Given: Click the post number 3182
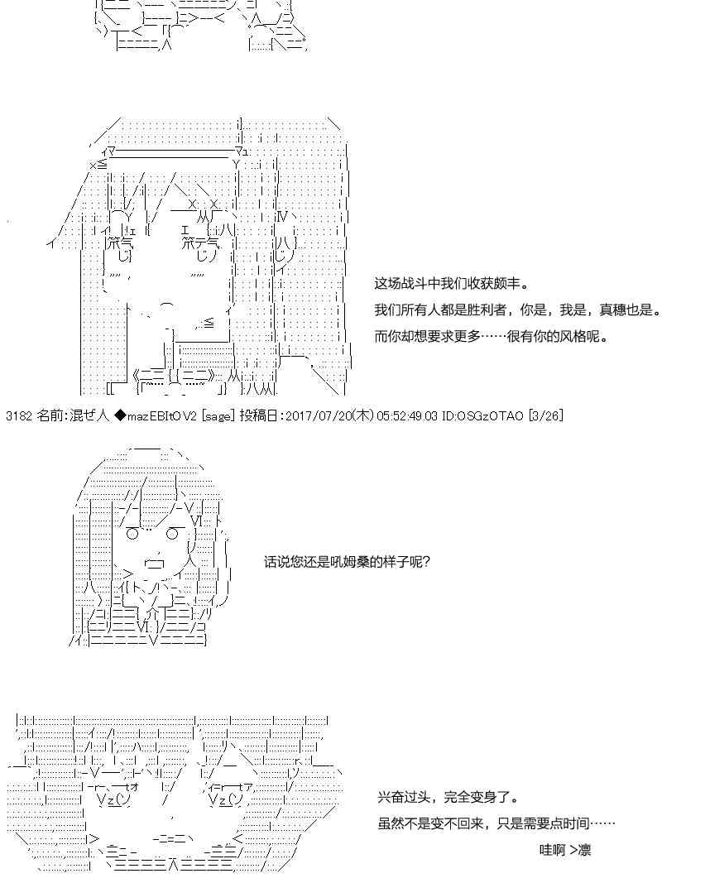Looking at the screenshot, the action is click(x=19, y=416).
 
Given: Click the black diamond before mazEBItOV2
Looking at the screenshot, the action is click(x=120, y=416).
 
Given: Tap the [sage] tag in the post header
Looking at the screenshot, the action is click(x=218, y=416).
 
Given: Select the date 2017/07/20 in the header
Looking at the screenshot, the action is click(x=320, y=416).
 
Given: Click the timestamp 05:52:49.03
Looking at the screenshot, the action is click(x=407, y=416).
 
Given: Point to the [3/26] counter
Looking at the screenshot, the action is click(x=545, y=416).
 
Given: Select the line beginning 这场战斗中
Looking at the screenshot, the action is click(x=452, y=283).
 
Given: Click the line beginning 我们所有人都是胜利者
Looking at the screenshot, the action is click(x=518, y=310).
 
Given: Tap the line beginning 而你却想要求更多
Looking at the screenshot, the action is click(x=492, y=337).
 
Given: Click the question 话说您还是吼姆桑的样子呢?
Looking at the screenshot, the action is click(x=347, y=562).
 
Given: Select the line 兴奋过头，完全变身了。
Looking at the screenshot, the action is click(x=448, y=797).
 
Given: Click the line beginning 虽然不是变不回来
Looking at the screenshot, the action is click(x=496, y=823).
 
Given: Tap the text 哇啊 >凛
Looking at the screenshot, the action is click(x=565, y=850).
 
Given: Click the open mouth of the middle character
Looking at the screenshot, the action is click(x=154, y=563).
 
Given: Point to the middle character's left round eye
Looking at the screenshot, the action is click(x=132, y=533).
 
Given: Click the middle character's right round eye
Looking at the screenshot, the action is click(x=173, y=533).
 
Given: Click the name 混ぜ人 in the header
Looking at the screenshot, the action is click(x=90, y=416).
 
